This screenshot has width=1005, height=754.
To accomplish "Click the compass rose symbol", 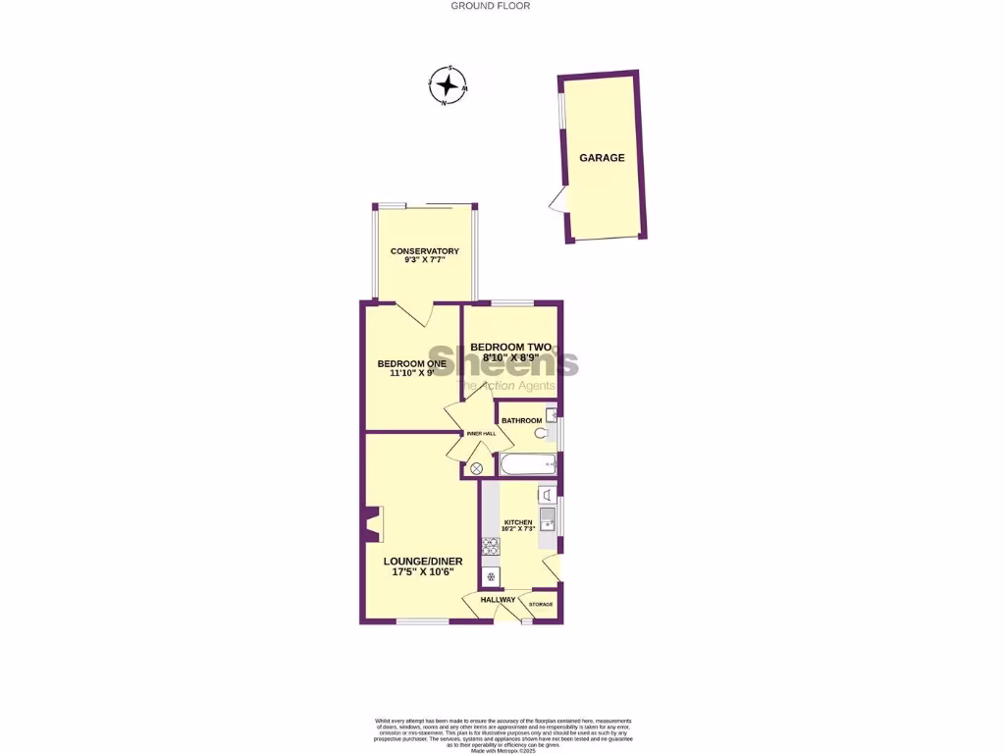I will tap(448, 84).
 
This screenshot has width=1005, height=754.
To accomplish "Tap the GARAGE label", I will tap(602, 157).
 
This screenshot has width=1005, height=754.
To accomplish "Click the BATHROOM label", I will tap(521, 421).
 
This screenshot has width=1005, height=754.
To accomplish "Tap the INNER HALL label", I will tap(481, 433).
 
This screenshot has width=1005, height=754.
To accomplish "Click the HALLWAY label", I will tap(498, 600).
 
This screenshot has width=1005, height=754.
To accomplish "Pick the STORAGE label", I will tap(542, 604).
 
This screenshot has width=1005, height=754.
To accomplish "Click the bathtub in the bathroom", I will tap(527, 464).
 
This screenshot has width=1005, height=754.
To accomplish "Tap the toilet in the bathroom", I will tap(541, 432).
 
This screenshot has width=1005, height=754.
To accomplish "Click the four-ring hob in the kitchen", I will tap(491, 547).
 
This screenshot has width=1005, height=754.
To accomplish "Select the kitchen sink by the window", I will tap(548, 517).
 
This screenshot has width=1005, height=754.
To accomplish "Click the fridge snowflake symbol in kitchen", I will tap(491, 576).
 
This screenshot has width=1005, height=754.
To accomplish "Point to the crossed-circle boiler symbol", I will tap(477, 469).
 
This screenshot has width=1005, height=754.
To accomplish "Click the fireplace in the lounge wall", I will tap(373, 524).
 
